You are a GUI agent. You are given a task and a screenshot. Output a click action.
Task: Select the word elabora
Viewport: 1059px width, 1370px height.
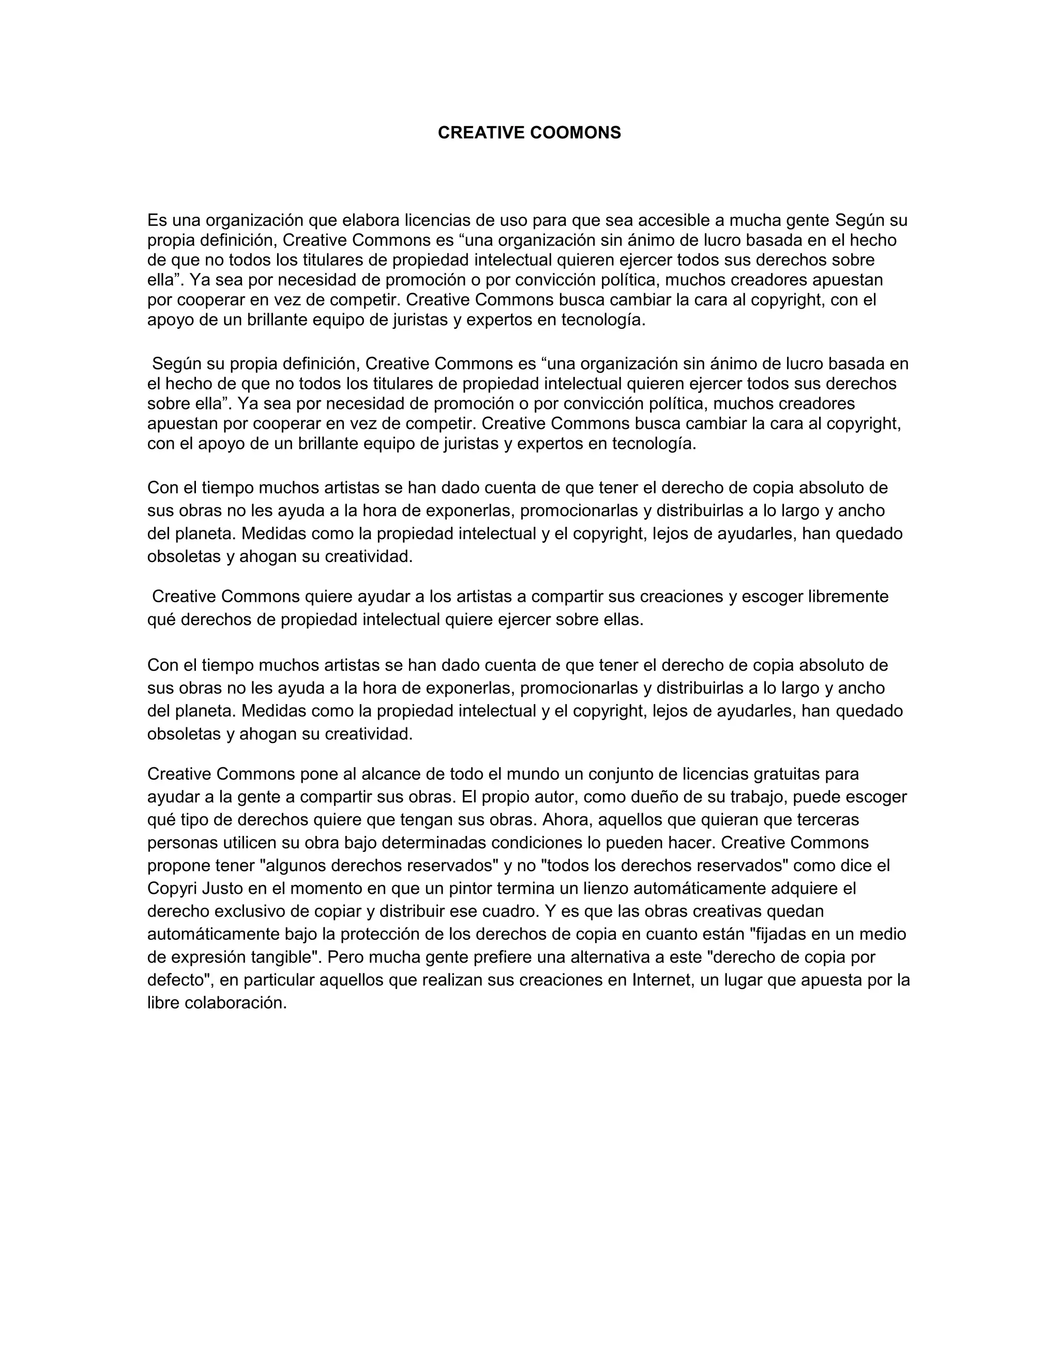tap(370, 220)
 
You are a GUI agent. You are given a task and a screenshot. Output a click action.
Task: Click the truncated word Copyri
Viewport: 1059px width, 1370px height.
tap(172, 889)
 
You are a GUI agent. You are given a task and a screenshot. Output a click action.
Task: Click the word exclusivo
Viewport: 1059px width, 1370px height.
tap(250, 911)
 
